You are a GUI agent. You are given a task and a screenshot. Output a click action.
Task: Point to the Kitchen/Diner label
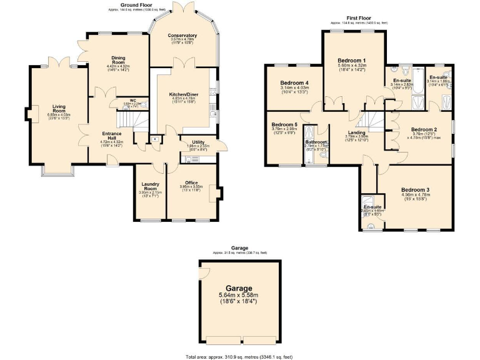[182, 94]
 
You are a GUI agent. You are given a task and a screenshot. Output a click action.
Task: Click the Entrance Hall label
[111, 135]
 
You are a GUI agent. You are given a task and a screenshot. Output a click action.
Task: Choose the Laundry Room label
[150, 186]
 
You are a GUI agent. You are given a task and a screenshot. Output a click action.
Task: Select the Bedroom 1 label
[351, 60]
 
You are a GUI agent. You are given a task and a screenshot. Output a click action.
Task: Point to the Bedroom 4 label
[294, 83]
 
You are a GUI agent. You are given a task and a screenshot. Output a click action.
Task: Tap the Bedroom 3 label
[415, 189]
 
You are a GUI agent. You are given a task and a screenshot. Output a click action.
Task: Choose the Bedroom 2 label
[424, 131]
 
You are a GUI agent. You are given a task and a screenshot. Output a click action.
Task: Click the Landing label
[356, 132]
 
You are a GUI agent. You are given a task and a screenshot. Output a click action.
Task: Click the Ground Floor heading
[120, 4]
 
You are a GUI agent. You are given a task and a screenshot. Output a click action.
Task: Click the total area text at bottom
[239, 356]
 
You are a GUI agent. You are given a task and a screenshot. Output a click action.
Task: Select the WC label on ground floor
[132, 100]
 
